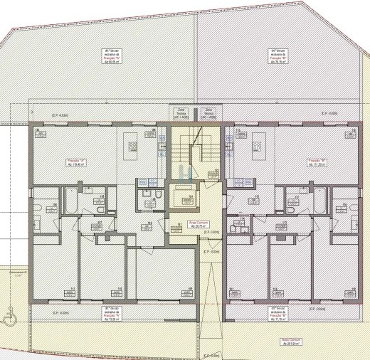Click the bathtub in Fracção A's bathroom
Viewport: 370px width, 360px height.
(x=72, y=201)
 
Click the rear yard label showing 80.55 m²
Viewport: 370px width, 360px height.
(x=113, y=56)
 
